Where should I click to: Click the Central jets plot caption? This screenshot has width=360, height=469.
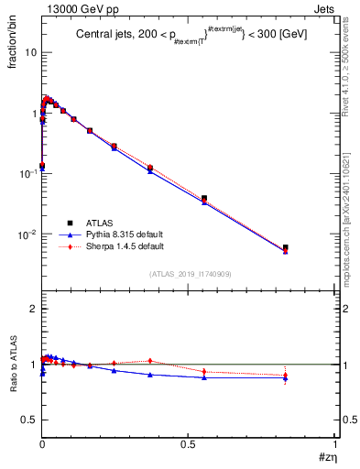pos(191,35)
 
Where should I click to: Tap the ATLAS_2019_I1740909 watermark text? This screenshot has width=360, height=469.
pos(190,274)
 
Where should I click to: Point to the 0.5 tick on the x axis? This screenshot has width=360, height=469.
pos(188,443)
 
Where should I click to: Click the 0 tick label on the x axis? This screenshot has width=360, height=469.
pos(42,443)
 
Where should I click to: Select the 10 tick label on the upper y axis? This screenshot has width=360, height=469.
pos(30,52)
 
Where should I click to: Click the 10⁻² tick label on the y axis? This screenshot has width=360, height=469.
pos(27,234)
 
